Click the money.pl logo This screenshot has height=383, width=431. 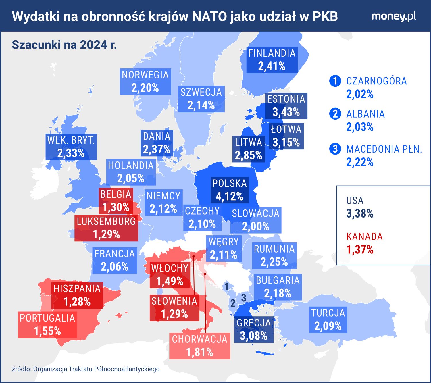393,17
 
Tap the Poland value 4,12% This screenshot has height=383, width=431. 229,197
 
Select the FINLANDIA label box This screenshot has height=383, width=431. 272,60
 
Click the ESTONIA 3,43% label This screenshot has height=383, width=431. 286,105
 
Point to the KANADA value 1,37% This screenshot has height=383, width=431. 360,250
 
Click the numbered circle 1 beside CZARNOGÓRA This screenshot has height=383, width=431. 335,81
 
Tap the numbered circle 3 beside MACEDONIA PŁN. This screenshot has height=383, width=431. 335,149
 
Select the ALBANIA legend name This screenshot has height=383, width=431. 365,114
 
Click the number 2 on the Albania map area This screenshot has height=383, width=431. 233,303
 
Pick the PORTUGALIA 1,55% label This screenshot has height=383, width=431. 47,325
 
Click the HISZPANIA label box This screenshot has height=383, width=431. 77,295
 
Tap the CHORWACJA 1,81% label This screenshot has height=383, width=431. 200,346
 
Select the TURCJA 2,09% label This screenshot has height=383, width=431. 328,320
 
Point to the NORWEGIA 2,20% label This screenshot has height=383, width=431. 145,81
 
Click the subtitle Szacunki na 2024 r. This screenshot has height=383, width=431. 64,45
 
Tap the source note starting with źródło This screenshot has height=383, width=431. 86,369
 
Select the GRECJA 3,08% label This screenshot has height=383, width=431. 254,329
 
